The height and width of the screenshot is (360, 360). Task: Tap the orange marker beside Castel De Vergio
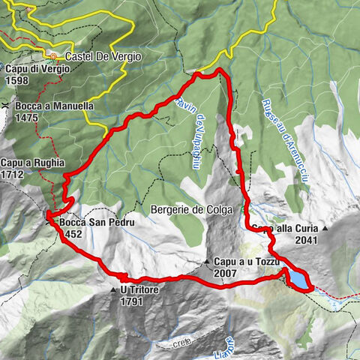point(53,55)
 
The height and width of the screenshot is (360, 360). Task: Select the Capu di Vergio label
point(37,68)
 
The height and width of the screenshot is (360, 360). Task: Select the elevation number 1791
point(130,301)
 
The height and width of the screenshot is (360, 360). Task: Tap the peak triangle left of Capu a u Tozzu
point(208,261)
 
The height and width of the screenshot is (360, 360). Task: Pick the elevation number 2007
point(225,272)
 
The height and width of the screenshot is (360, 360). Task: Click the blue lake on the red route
point(297,279)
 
